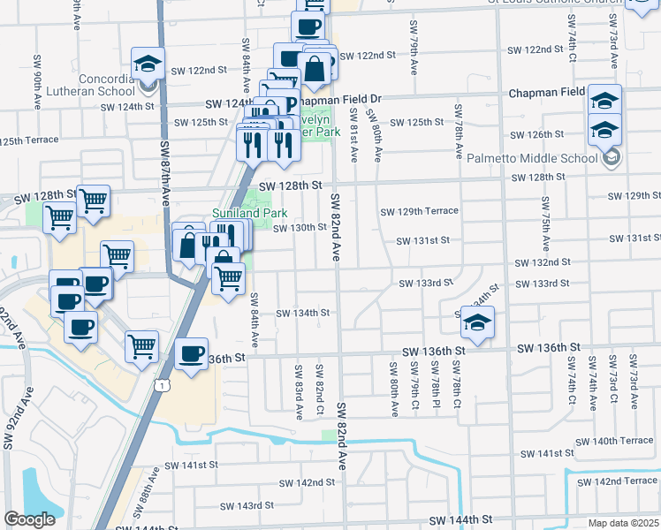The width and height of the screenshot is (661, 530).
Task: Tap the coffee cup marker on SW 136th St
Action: (192, 354)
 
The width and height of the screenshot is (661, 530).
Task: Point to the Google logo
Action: (29, 520)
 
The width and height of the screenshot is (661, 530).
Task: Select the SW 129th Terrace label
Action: (420, 211)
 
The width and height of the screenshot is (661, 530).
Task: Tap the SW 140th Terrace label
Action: (612, 441)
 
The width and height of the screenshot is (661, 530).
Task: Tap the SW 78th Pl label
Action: (436, 377)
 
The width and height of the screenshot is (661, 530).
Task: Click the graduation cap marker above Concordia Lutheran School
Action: (148, 64)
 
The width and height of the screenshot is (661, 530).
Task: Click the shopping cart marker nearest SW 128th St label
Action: (93, 201)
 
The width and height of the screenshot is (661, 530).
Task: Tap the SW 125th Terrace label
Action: (28, 140)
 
